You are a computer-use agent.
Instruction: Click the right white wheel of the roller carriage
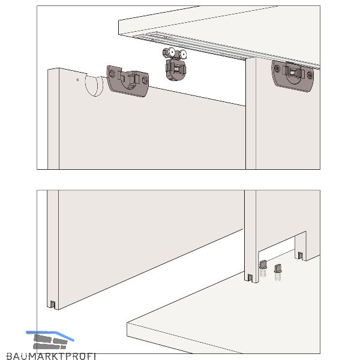coord(183,55)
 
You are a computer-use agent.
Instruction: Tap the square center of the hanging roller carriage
coord(177,68)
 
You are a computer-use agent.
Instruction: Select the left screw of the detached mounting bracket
coord(112,73)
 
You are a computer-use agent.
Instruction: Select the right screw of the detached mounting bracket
coord(145,80)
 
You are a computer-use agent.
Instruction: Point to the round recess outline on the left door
coord(94,85)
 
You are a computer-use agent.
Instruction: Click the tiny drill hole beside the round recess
coord(77,80)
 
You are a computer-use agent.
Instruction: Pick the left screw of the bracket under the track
coord(277,68)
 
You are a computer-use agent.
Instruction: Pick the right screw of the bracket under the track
coord(310,75)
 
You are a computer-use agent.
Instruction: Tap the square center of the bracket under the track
coord(293,73)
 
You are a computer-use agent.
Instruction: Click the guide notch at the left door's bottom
coord(53,304)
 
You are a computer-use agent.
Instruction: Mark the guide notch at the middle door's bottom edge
coord(250,278)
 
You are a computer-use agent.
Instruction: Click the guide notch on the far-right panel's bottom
coord(301,256)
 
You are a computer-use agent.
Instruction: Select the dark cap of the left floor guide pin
coord(263,264)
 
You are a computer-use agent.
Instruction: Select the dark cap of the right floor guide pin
coord(278,268)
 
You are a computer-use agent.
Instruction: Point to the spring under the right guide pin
coord(278,277)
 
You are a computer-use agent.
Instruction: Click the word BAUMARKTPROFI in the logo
coord(51,356)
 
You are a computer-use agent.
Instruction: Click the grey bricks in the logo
coord(50,342)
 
